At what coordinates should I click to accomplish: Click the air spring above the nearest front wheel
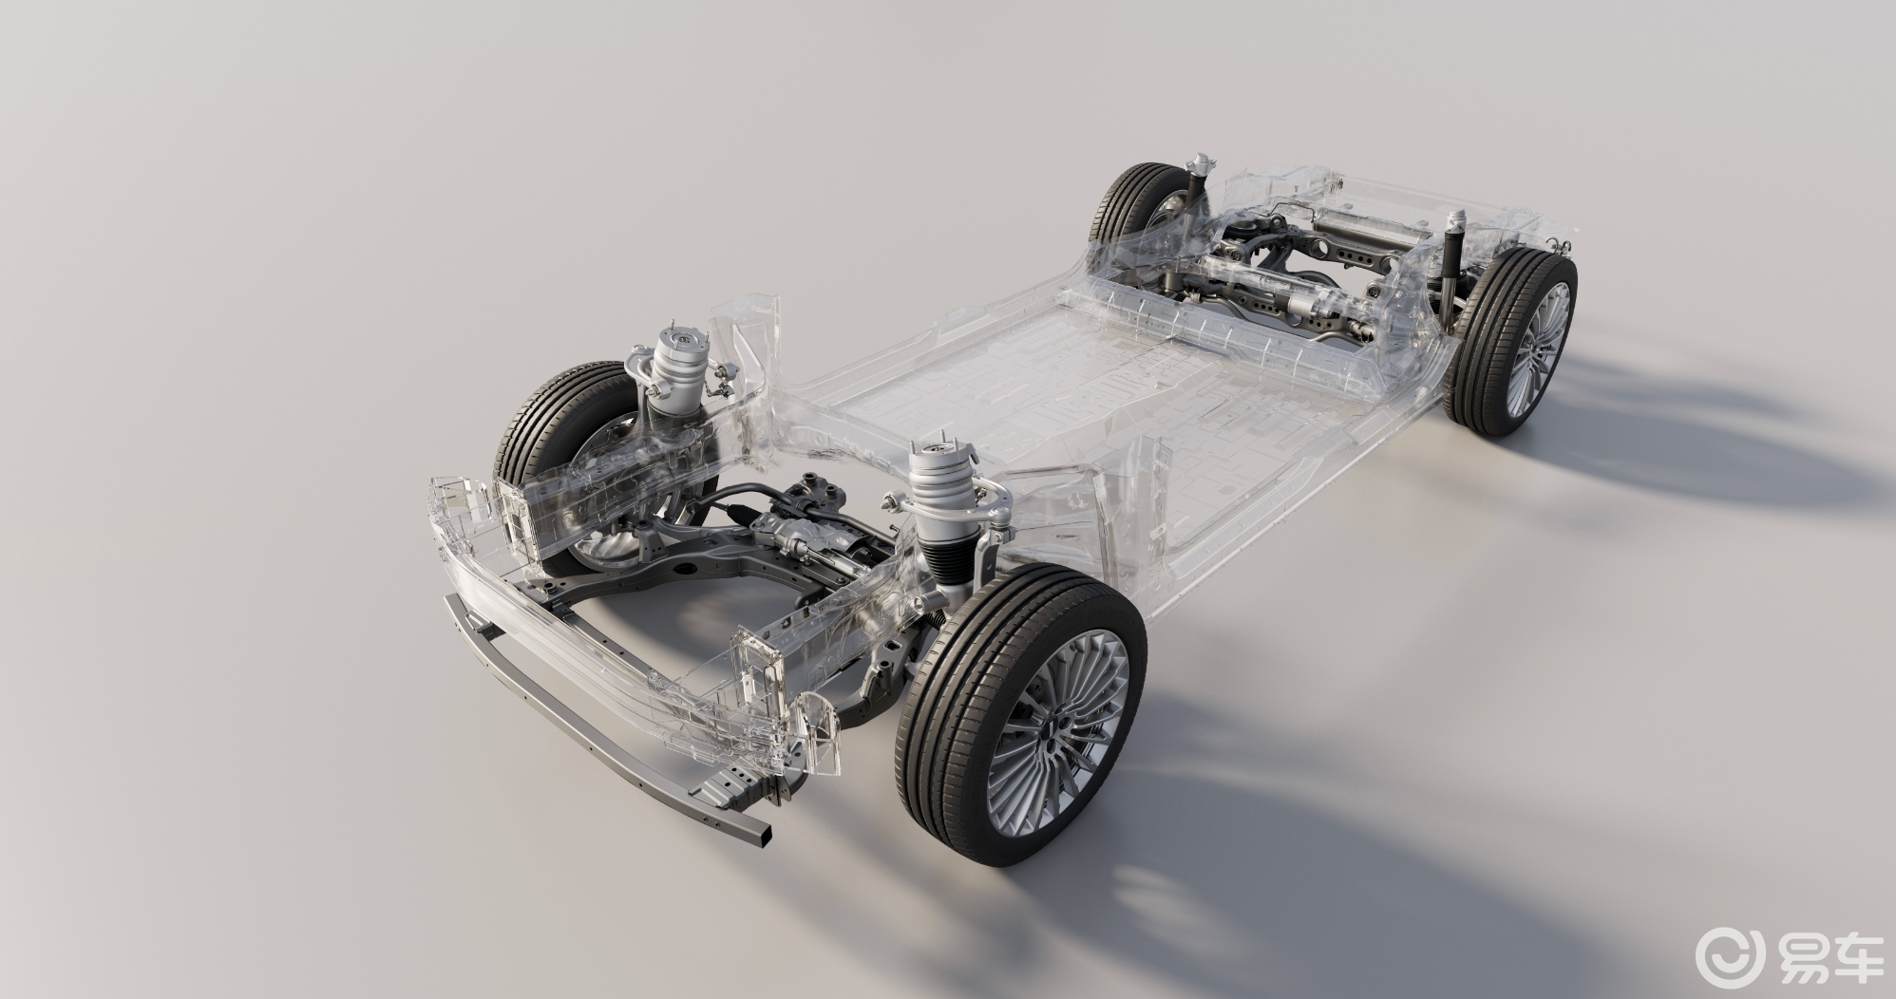(x=939, y=494)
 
